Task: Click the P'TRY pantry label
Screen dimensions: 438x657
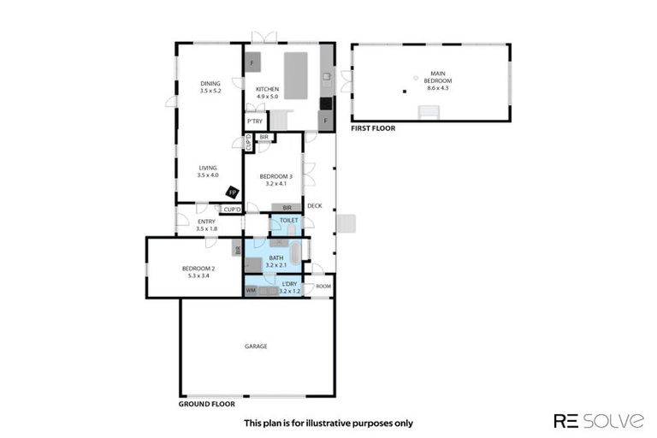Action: pyautogui.click(x=254, y=121)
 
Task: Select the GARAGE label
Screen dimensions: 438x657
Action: pyautogui.click(x=257, y=346)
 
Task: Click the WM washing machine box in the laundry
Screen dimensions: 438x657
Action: pyautogui.click(x=251, y=291)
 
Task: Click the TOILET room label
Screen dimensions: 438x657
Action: pyautogui.click(x=288, y=220)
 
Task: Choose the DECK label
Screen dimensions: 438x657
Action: pyautogui.click(x=314, y=205)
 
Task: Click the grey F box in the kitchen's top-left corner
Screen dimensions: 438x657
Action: pyautogui.click(x=252, y=62)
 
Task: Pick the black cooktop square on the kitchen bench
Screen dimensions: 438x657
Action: pyautogui.click(x=325, y=104)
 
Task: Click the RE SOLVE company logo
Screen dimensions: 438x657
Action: pyautogui.click(x=599, y=420)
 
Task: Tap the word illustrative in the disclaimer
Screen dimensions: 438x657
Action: pyautogui.click(x=337, y=423)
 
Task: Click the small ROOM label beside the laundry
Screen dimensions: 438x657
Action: pyautogui.click(x=323, y=286)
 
